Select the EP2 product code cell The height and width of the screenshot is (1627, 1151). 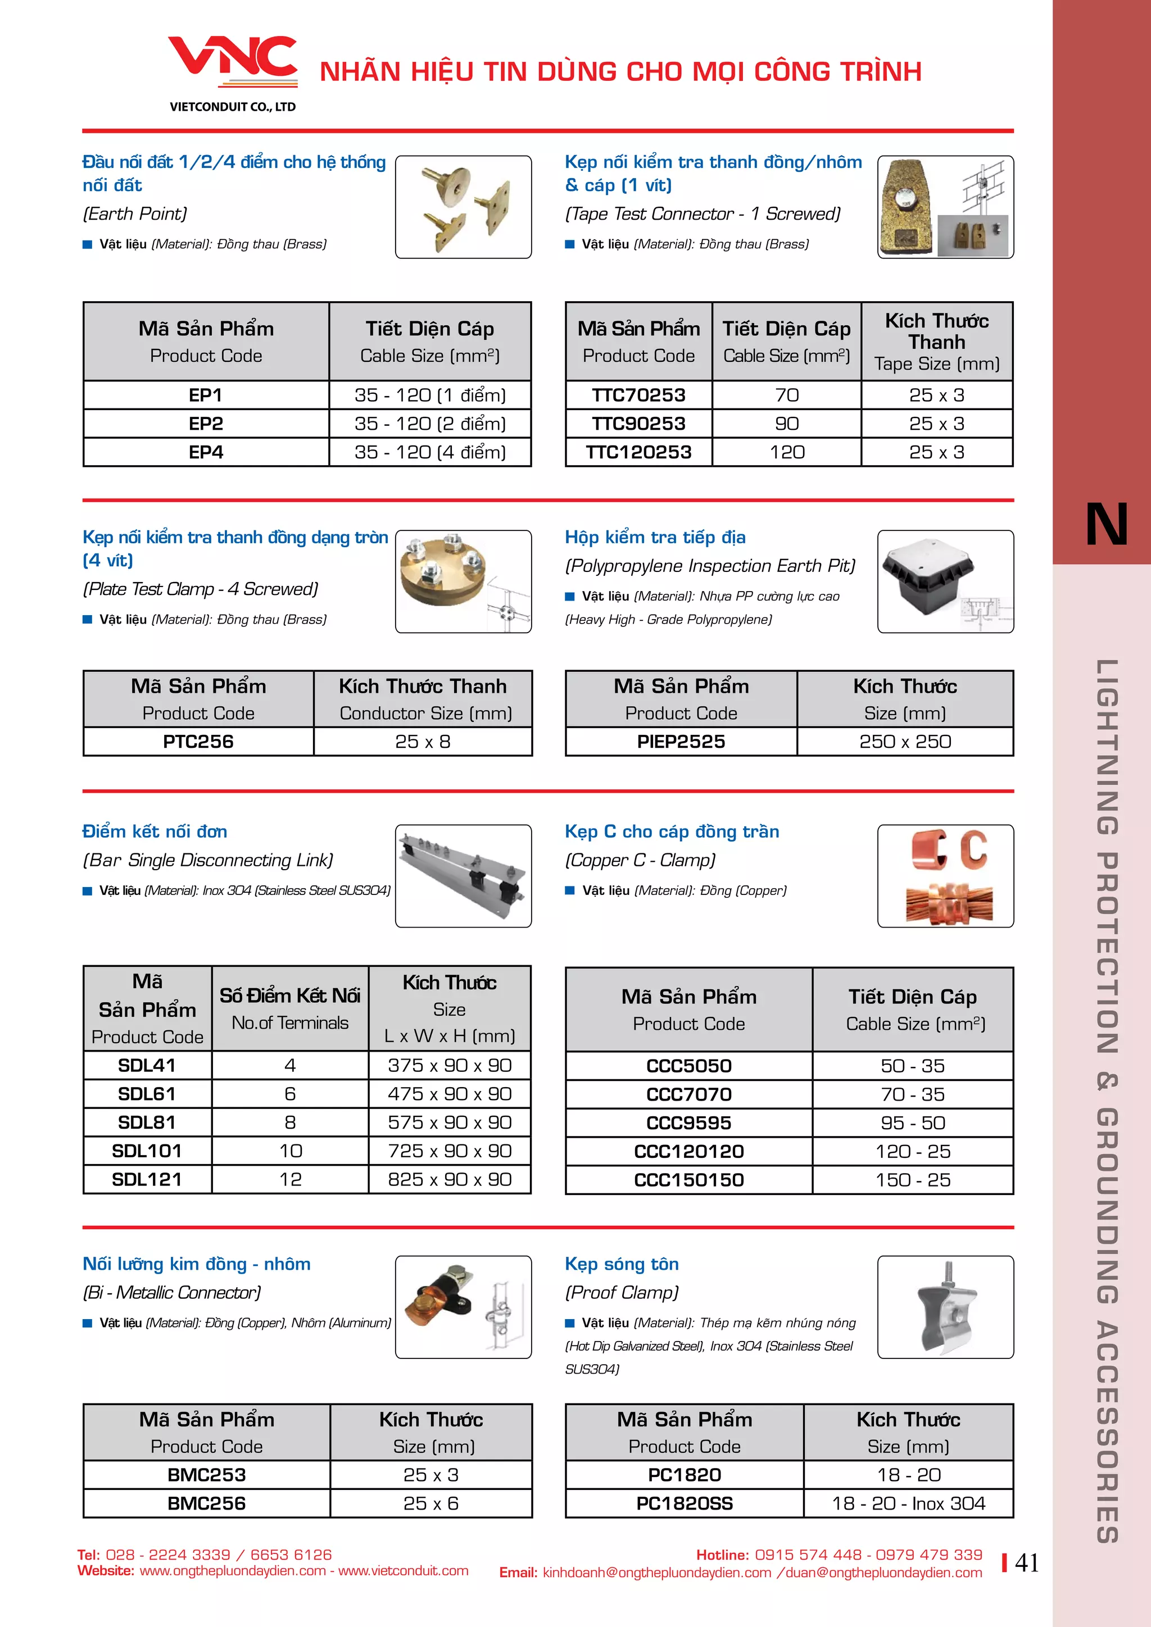206,424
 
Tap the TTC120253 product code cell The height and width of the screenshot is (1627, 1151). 638,452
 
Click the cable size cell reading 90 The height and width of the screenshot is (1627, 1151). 787,424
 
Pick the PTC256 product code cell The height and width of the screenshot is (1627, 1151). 198,742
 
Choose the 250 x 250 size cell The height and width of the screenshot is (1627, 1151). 905,742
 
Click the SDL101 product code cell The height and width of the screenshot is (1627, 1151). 147,1151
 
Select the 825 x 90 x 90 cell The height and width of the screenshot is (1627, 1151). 450,1179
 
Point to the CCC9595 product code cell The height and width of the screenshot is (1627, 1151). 689,1123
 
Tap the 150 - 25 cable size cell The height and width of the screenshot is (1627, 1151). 913,1180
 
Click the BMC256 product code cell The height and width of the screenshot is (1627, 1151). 206,1504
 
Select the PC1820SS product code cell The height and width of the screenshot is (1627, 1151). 685,1504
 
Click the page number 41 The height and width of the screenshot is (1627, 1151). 1027,1562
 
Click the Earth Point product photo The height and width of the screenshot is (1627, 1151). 464,207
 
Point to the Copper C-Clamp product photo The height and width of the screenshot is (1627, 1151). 945,876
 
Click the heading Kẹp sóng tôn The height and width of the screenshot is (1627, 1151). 622,1264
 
